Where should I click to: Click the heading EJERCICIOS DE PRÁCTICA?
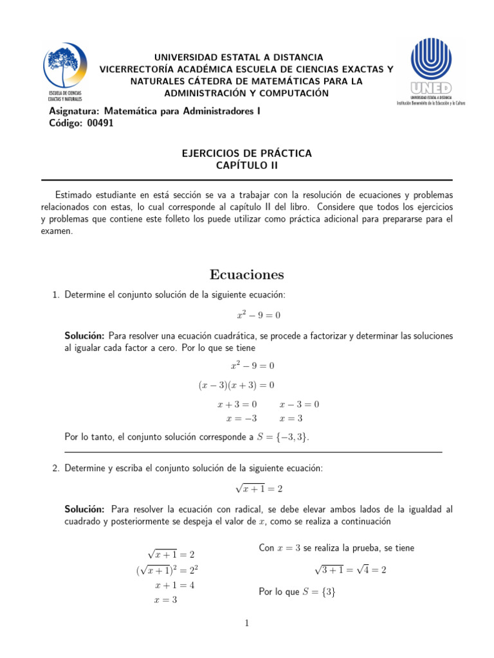coord(247,153)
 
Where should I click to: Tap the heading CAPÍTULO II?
coord(247,166)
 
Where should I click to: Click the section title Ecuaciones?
coord(247,274)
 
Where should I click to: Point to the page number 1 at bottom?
coord(247,623)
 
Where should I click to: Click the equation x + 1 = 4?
coord(174,585)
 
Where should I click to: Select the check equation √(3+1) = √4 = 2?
coord(350,569)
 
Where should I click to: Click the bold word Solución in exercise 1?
coord(84,335)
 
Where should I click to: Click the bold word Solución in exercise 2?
coord(84,510)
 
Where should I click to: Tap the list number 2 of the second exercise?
coord(55,468)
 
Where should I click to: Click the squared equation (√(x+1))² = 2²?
coord(171,570)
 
